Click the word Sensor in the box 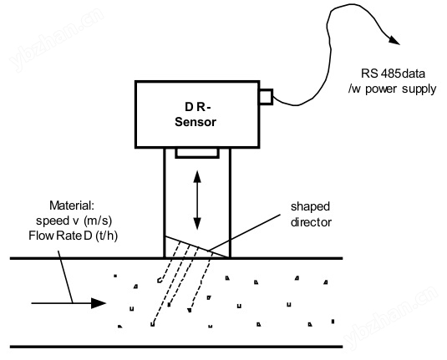[x=196, y=122]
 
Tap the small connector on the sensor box [x=266, y=97]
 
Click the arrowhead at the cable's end [x=394, y=40]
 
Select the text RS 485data [x=393, y=74]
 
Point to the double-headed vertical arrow [x=197, y=200]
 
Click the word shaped [x=310, y=207]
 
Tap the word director [x=311, y=222]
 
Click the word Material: [x=72, y=205]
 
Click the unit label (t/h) [x=107, y=236]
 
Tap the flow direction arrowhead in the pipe [x=99, y=303]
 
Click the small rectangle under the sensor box [x=197, y=153]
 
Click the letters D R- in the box [x=198, y=107]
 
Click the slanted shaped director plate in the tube [x=197, y=247]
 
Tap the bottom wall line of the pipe [x=176, y=347]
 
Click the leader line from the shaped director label [x=244, y=233]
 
